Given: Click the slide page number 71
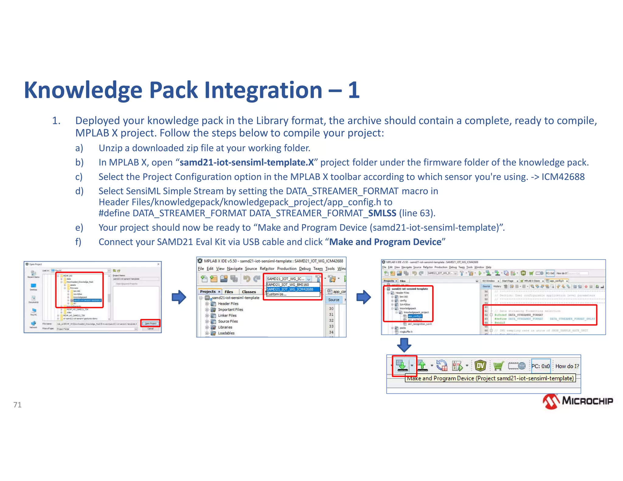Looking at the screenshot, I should (17, 405).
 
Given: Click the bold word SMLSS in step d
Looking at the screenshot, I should (382, 213).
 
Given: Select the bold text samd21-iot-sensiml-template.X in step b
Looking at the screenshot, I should (247, 162).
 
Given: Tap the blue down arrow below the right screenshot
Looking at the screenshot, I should (404, 345).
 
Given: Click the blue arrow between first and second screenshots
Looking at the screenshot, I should (179, 297).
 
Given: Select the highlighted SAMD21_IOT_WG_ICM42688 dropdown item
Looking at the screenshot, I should (290, 289).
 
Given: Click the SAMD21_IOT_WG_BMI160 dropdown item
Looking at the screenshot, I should (288, 285).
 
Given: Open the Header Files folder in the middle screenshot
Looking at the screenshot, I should (228, 304).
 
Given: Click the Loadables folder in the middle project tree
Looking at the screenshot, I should (226, 333).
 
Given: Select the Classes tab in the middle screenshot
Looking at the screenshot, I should (249, 292).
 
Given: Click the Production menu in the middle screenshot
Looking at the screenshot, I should (287, 269).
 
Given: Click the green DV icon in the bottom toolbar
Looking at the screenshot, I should (480, 366).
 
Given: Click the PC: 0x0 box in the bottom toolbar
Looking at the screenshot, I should (541, 366).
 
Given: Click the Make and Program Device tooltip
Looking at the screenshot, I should (490, 378).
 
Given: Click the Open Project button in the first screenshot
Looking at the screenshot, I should (150, 323).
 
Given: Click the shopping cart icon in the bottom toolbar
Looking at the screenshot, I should (498, 366).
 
